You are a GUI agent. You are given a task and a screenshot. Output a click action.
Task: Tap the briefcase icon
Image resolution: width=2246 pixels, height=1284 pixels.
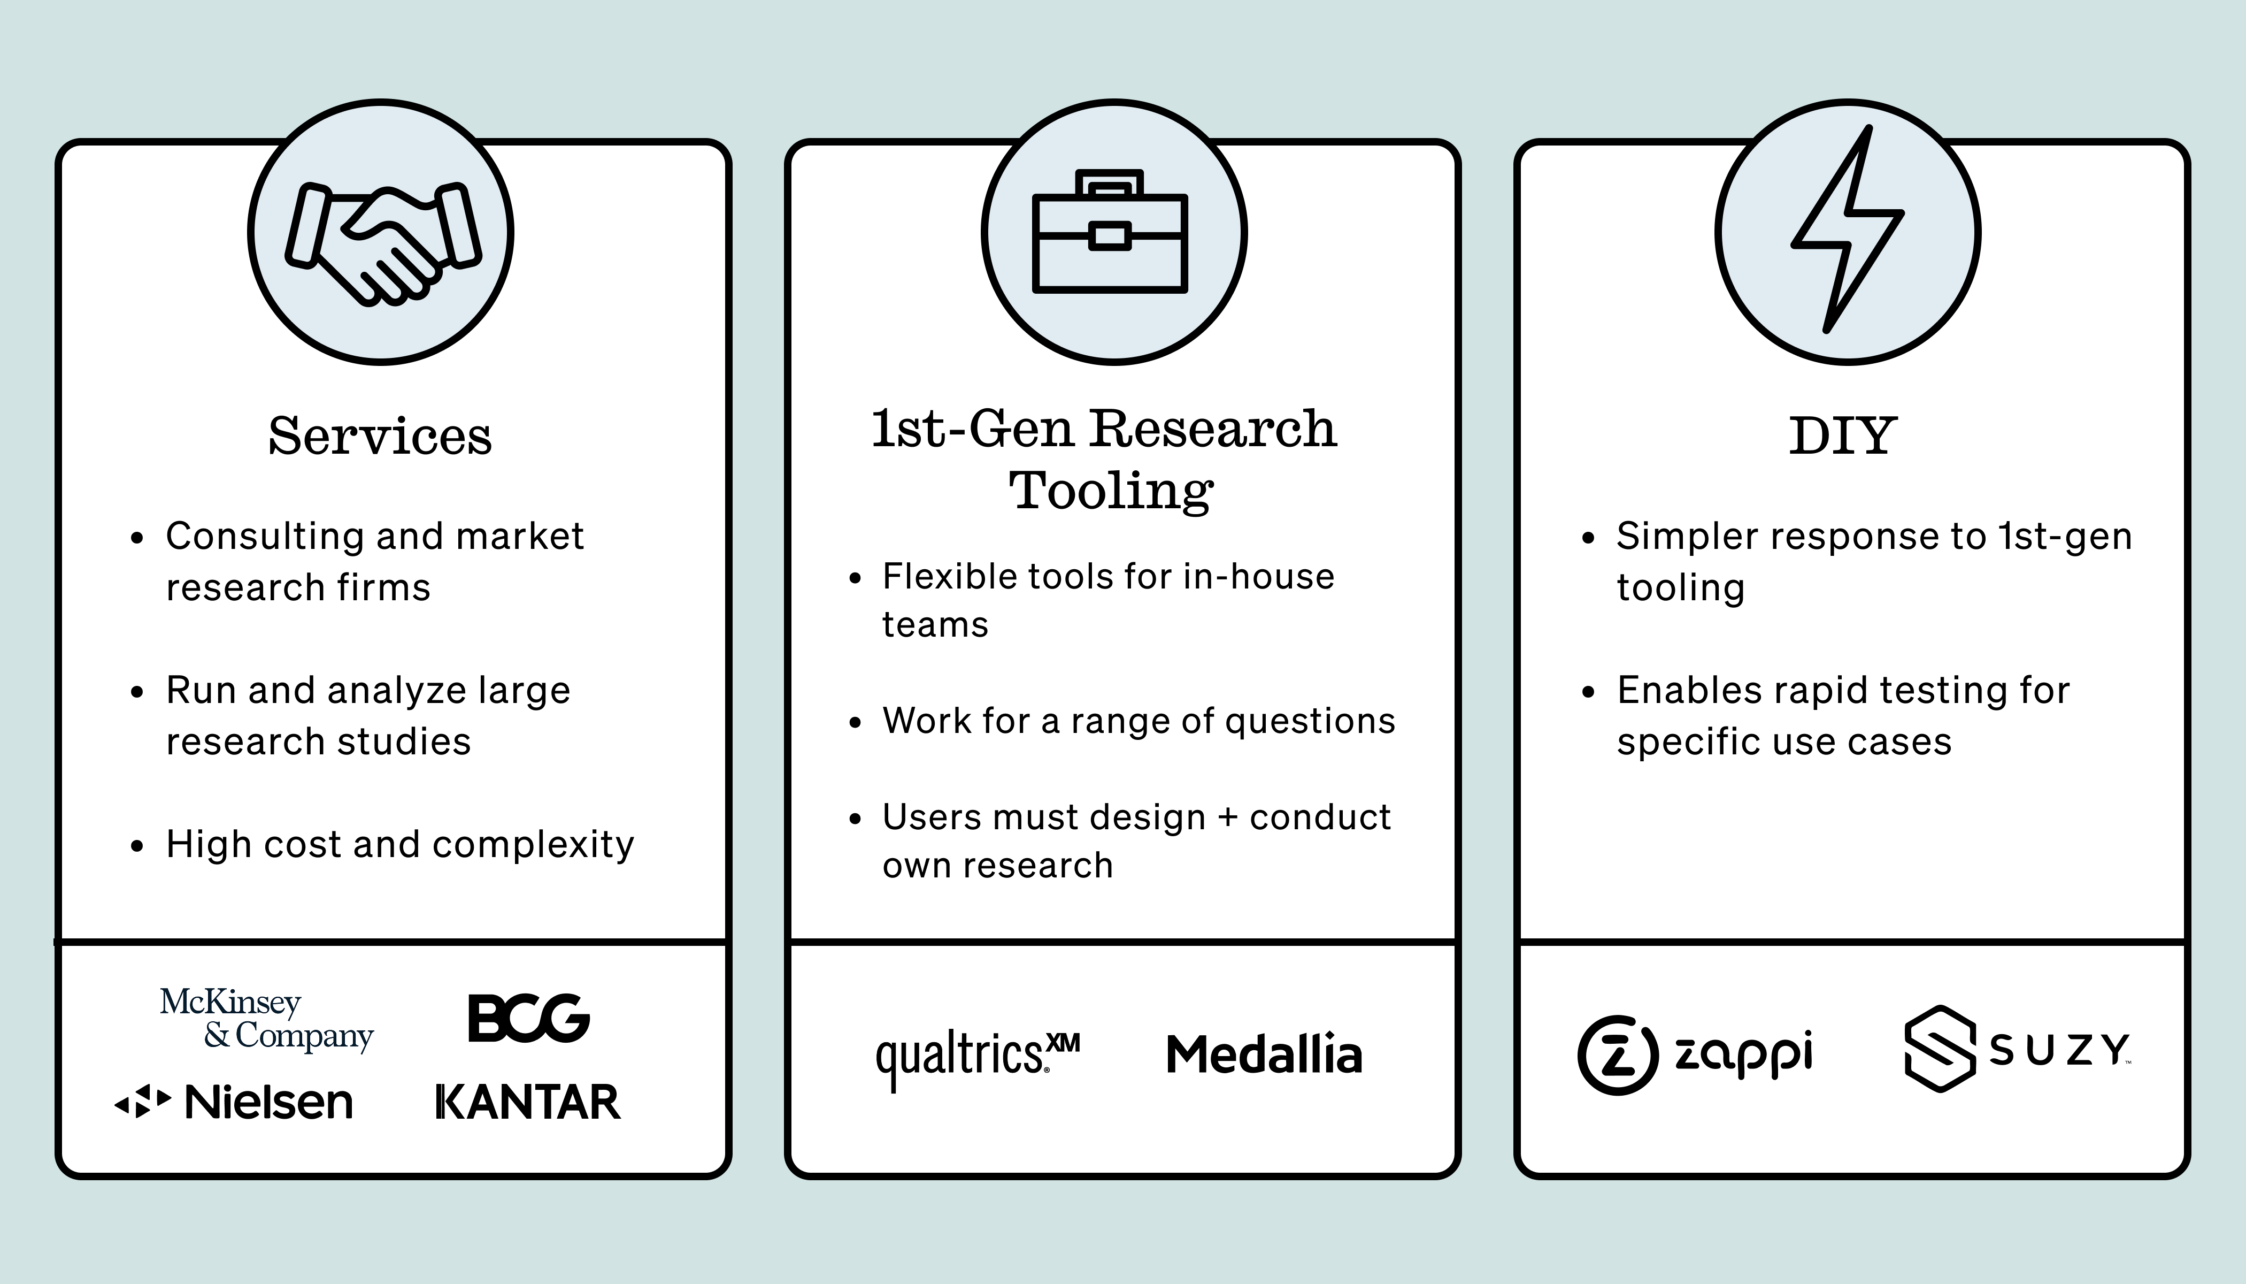click(x=1110, y=232)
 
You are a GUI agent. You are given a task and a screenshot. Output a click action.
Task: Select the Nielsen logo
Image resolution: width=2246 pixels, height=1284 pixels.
click(x=234, y=1102)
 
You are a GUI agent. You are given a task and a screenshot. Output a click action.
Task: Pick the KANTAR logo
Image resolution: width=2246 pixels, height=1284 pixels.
click(x=528, y=1102)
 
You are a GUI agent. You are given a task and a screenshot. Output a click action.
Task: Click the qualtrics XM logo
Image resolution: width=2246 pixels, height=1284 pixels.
click(x=976, y=1057)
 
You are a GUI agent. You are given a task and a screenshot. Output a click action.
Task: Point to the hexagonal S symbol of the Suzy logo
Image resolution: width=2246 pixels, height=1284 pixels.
click(x=1939, y=1050)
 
